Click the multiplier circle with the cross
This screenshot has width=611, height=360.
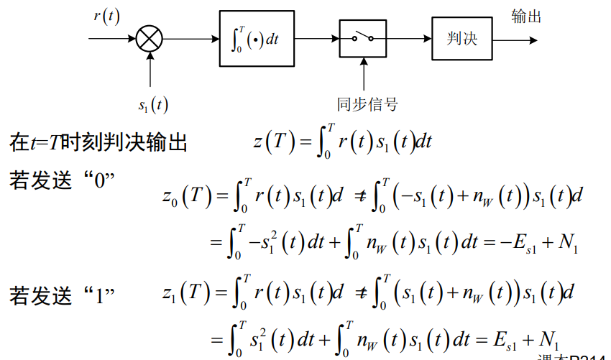click(x=150, y=38)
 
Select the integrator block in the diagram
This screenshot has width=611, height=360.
click(x=257, y=39)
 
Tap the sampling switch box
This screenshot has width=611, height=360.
click(x=363, y=38)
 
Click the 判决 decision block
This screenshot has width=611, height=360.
click(x=462, y=38)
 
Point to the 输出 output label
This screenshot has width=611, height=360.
click(x=526, y=17)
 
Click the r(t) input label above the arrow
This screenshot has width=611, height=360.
click(x=106, y=16)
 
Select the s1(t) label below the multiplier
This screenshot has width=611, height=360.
click(x=152, y=105)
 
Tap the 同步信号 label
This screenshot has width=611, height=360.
click(x=367, y=105)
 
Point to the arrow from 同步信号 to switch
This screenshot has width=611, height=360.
click(x=364, y=75)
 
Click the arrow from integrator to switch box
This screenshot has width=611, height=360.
click(x=316, y=38)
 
